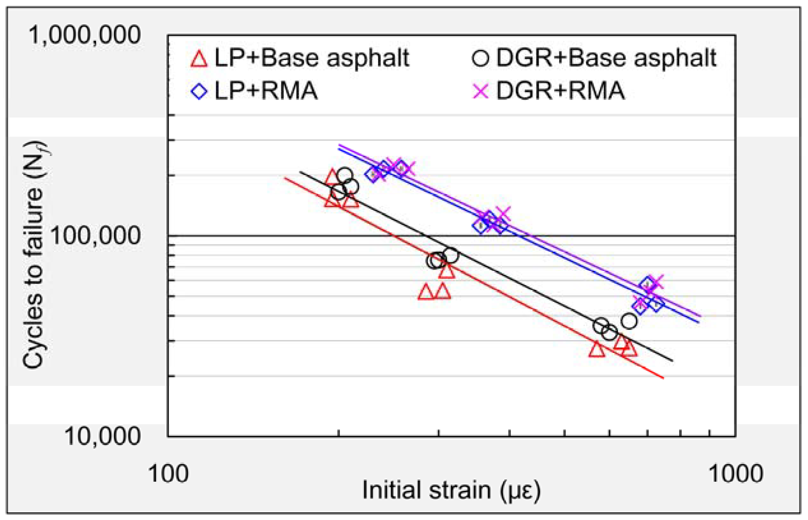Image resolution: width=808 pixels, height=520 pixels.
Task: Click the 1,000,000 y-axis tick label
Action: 85,35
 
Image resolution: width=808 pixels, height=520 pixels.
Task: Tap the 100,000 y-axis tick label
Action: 95,235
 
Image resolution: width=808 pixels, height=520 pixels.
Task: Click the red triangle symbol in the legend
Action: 199,59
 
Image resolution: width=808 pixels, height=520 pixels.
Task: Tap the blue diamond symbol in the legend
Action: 199,91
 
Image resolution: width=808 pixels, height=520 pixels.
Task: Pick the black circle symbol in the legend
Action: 480,59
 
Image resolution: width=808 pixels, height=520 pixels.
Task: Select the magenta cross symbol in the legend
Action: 480,91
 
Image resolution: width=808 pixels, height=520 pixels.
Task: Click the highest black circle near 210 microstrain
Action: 345,175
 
